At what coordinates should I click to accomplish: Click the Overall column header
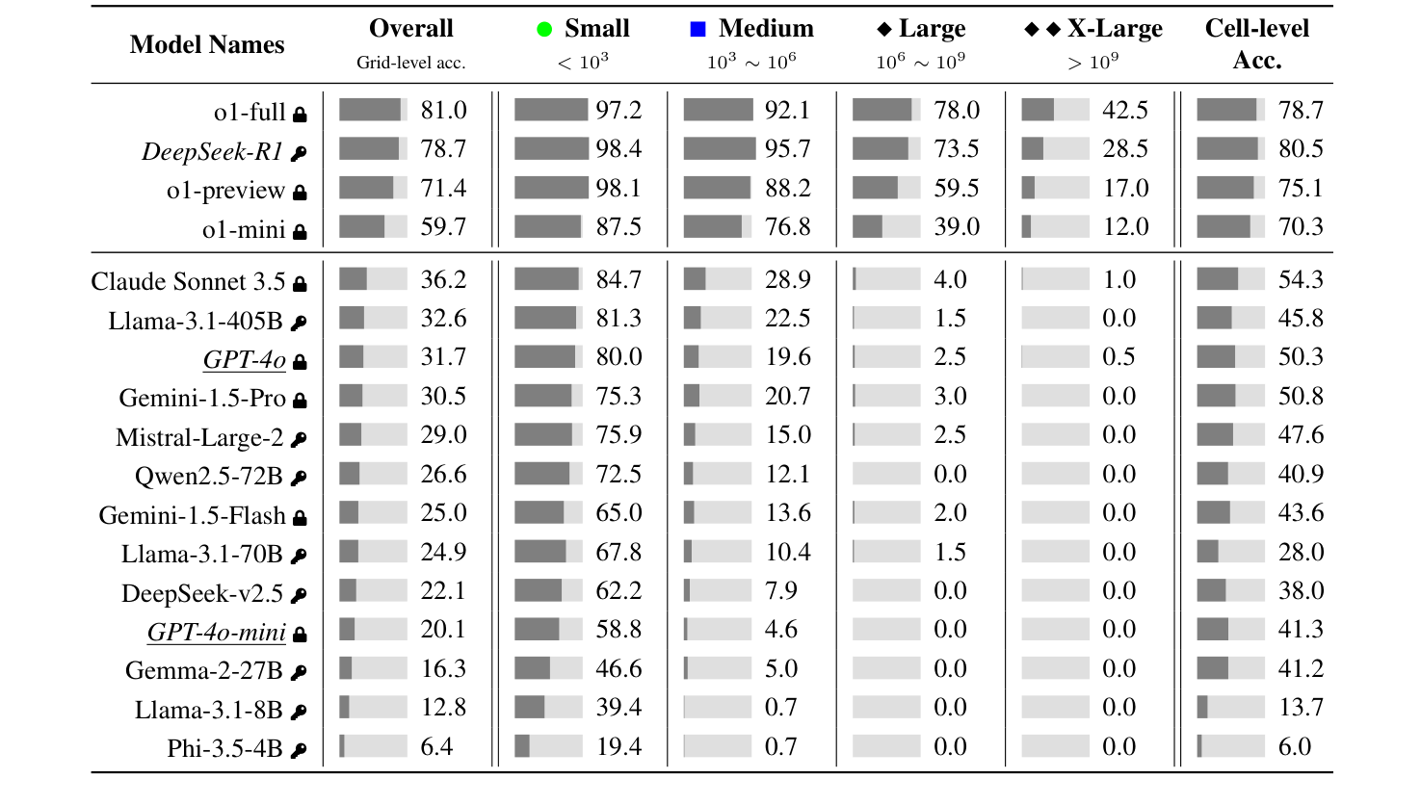point(410,29)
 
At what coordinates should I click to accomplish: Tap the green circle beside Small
point(545,30)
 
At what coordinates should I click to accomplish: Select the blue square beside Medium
point(698,30)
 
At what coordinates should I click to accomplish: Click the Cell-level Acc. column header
point(1256,44)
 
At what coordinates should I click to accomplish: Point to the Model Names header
point(207,44)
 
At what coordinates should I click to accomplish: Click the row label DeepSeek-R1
point(212,151)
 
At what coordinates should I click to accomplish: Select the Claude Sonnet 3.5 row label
point(188,282)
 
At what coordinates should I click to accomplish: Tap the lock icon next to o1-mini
point(300,231)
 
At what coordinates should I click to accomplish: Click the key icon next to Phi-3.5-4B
point(299,749)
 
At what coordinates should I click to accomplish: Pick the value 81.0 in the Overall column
point(443,110)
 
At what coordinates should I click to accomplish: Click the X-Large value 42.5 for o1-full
point(1125,110)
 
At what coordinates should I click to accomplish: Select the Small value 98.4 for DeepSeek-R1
point(618,149)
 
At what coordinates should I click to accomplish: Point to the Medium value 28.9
point(788,279)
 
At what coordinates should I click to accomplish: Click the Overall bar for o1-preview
point(373,188)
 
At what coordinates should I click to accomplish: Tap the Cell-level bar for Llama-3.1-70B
point(1230,552)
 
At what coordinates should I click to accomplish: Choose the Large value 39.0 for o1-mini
point(957,226)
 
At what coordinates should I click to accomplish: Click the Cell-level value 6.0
point(1295,746)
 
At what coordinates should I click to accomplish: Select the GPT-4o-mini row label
point(216,633)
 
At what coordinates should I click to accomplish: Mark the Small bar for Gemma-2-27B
point(548,668)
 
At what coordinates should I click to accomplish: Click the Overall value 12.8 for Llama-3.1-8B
point(443,708)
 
